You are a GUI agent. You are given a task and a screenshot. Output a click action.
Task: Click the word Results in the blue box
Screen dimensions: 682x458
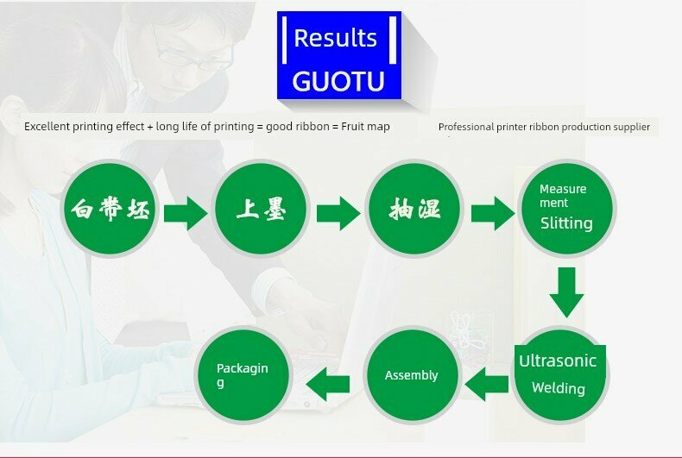[335, 38]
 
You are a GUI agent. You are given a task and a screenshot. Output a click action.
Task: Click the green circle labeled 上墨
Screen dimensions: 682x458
[261, 210]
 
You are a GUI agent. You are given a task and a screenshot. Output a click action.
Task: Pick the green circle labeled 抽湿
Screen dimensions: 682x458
[414, 210]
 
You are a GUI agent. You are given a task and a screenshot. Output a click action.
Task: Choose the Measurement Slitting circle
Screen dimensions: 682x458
[566, 208]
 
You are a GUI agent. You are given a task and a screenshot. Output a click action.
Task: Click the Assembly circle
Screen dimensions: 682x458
[411, 375]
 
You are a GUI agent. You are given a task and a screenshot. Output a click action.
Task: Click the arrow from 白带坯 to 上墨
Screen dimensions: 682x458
[186, 212]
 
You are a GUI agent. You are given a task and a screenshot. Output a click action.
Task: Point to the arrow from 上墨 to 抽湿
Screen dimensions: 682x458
[338, 212]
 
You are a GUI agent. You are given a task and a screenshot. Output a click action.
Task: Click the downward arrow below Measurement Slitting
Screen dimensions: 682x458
[566, 292]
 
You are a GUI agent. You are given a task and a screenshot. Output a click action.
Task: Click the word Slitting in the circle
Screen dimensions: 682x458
[566, 223]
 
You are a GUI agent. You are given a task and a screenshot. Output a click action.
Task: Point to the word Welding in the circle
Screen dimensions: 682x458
[558, 388]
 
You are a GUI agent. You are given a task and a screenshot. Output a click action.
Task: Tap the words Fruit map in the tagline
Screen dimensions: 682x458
[365, 127]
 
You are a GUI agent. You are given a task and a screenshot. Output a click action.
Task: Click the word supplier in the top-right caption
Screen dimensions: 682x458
[629, 127]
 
